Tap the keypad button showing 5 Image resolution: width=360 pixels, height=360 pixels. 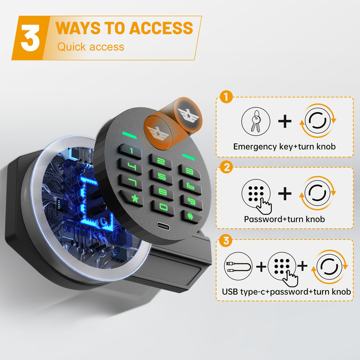[x=162, y=177]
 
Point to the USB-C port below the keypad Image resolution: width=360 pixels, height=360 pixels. [x=163, y=226]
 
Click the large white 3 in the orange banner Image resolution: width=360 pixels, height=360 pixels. [x=30, y=38]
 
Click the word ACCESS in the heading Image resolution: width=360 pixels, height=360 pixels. [x=161, y=28]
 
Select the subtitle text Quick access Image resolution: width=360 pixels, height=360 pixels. [x=91, y=47]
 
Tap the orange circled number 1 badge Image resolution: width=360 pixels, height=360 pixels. [x=226, y=97]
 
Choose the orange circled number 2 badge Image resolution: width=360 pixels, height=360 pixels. [x=226, y=167]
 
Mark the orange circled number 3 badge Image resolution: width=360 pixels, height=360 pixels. [x=226, y=240]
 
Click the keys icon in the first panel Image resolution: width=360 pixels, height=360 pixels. [x=256, y=121]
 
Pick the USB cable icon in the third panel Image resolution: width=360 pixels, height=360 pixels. [x=238, y=266]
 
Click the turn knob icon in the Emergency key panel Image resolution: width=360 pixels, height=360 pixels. [x=318, y=121]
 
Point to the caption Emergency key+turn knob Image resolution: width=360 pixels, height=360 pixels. [x=284, y=147]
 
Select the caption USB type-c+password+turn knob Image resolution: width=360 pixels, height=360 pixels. [x=286, y=291]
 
